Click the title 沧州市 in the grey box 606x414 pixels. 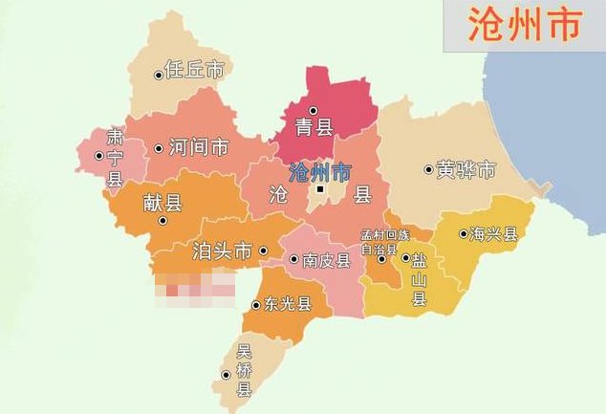coord(525,25)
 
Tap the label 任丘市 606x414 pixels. coord(195,71)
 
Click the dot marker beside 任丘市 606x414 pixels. coord(159,75)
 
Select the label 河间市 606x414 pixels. coord(198,148)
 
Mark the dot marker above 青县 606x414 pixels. coord(313,110)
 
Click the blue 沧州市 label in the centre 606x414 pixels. coord(319,172)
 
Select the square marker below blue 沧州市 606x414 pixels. coord(322,189)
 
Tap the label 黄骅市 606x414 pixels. coord(466,171)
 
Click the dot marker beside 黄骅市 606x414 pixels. coord(428,170)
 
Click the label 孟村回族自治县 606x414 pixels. coord(383,240)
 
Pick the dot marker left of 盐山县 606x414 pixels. coord(404,258)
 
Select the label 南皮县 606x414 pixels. coord(325,260)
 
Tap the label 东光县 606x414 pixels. coord(289,305)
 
